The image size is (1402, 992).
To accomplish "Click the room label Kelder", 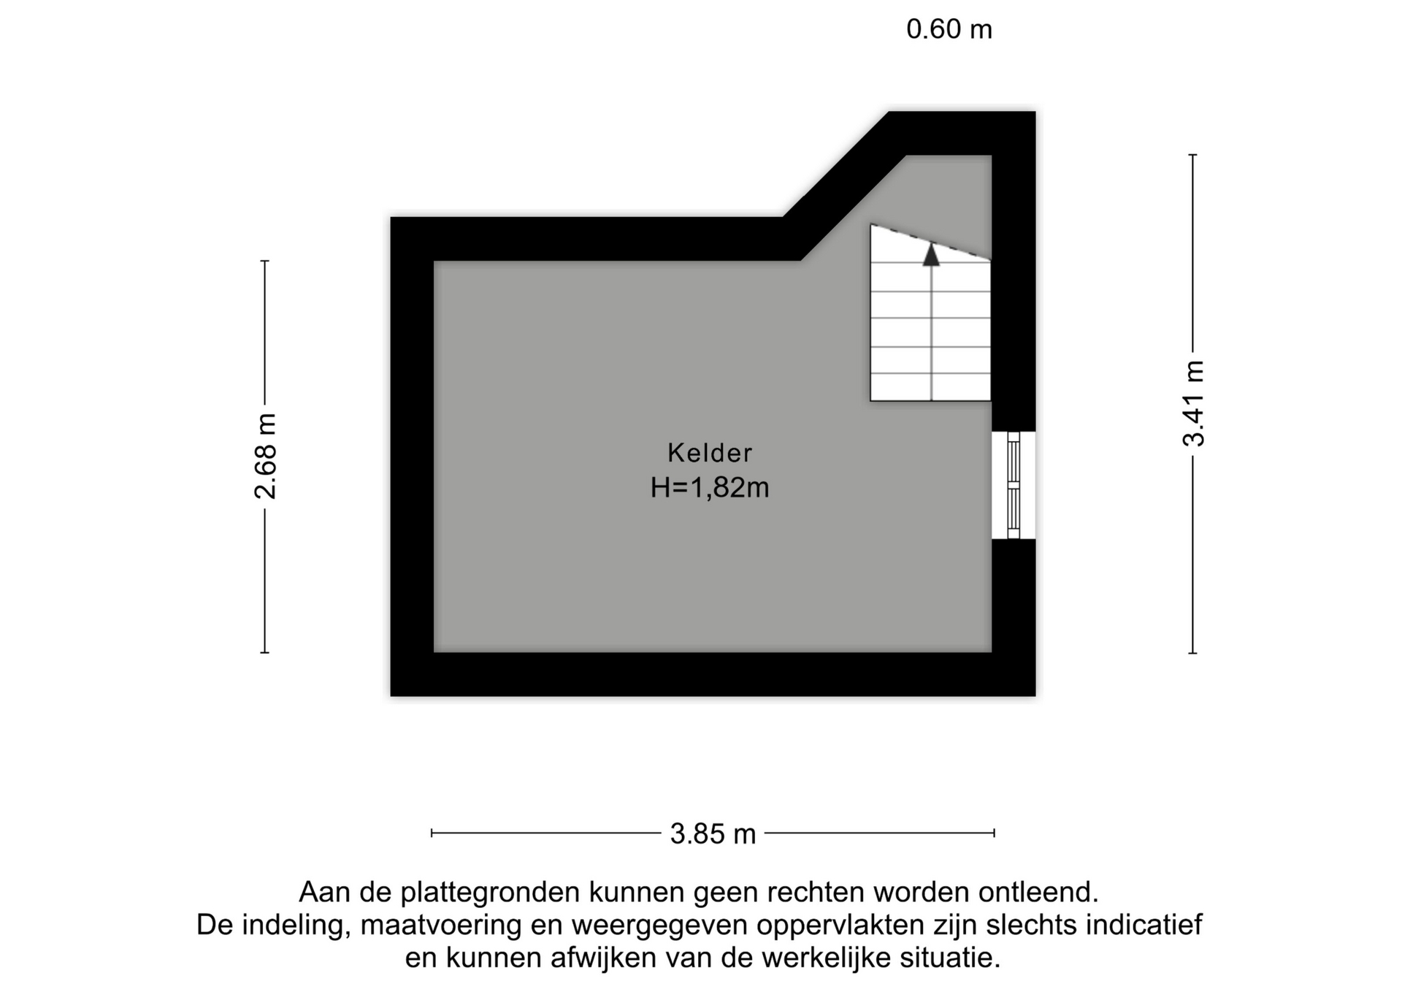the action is coord(709,453).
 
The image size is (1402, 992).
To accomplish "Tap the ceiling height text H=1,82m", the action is coord(710,487).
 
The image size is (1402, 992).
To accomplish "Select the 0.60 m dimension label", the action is coord(949,29).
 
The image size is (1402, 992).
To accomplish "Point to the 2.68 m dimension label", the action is coord(266,456).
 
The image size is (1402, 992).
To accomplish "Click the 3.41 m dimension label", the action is coord(1194,402).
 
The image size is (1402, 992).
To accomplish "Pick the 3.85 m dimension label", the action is coord(713,833).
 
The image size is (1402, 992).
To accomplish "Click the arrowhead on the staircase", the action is coord(931,254).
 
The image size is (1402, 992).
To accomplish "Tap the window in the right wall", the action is coord(1014,485).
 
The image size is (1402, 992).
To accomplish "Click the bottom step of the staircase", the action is coord(930,387).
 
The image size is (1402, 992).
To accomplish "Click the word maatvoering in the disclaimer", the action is coord(441,926).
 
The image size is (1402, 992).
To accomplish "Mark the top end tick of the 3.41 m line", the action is coord(1192,155).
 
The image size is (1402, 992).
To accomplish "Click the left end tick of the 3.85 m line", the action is coord(432,833).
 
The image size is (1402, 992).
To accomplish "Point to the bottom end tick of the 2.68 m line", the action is coord(264,652).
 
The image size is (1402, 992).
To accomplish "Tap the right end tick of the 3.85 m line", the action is coord(994,833).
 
